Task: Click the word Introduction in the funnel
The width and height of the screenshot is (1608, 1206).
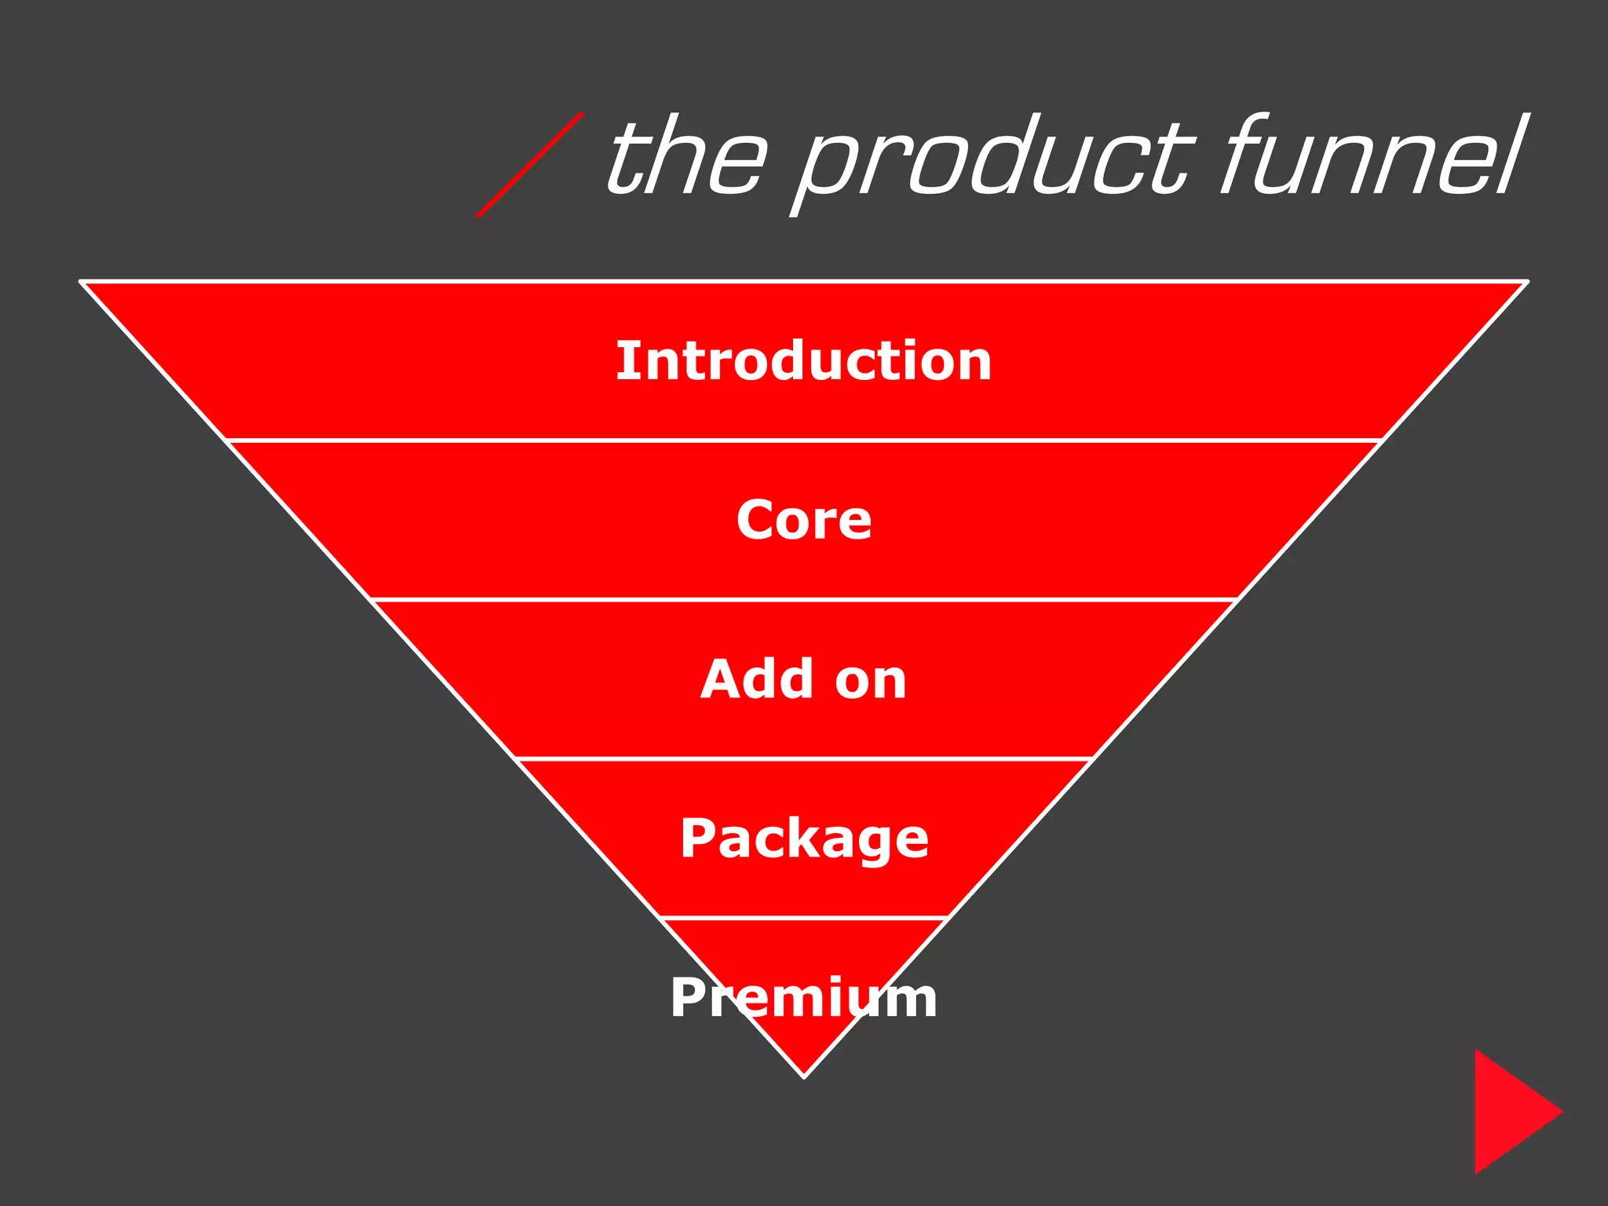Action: [803, 361]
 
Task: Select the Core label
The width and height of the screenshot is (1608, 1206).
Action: [803, 521]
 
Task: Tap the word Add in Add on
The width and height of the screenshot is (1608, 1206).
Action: [757, 679]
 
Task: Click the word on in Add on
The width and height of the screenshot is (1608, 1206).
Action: [871, 681]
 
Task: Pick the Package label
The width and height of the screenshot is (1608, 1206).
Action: [803, 839]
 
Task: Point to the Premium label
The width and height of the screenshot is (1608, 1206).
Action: [803, 998]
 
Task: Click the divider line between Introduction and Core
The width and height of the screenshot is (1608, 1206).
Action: [803, 440]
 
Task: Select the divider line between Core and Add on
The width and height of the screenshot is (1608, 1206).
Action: [803, 600]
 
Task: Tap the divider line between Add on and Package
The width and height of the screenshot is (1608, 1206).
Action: [803, 758]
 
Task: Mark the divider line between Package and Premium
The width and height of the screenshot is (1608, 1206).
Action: [803, 917]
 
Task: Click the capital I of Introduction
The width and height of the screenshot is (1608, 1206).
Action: [624, 361]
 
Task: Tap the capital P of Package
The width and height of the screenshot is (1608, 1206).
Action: [696, 838]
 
